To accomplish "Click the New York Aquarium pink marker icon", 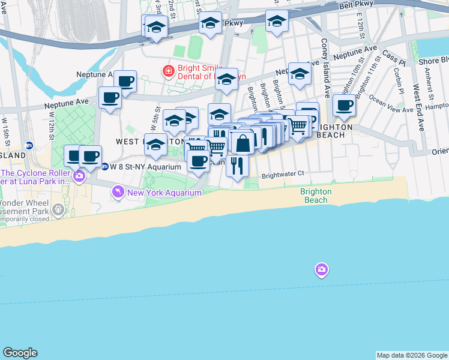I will tap(118, 193).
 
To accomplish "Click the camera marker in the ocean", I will tap(321, 270).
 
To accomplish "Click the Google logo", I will tap(20, 353).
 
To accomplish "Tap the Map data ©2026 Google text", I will tap(412, 355).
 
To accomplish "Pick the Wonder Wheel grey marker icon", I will tap(58, 209).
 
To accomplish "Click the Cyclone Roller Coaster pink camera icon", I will tap(79, 176).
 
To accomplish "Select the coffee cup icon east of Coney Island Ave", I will tap(345, 106).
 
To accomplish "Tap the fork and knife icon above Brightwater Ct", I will tap(238, 164).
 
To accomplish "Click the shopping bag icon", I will tap(243, 143).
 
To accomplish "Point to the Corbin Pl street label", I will tap(399, 78).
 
